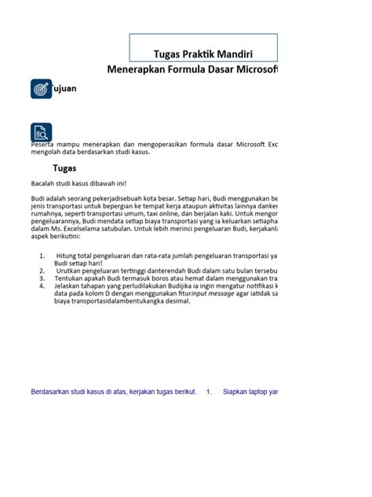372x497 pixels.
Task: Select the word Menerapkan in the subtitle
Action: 139,70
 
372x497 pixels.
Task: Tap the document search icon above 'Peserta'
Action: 40,132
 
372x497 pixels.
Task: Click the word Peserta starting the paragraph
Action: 42,145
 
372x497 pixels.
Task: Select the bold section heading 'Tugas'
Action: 64,168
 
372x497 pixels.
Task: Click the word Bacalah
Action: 43,183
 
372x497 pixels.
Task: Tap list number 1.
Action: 41,256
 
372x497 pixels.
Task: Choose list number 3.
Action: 41,278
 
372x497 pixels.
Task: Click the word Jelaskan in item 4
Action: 70,286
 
